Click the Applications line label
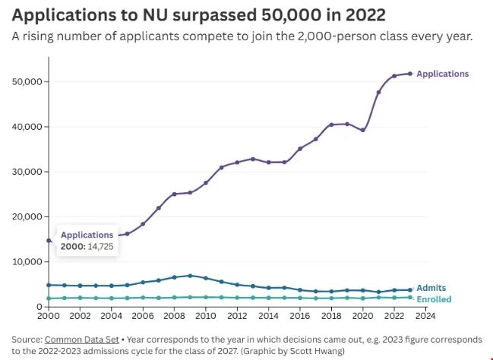[443, 74]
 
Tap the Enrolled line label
[433, 299]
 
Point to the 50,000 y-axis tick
[27, 81]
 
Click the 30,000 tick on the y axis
[27, 172]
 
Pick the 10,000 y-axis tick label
[27, 262]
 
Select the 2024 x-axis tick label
[425, 315]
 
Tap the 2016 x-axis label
[300, 315]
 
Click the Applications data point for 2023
[410, 74]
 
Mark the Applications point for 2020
[363, 130]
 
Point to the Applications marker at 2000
[49, 241]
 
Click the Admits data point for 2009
[190, 276]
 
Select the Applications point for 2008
[174, 194]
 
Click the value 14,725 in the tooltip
[98, 246]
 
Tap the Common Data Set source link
[80, 339]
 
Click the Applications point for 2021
[378, 92]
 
